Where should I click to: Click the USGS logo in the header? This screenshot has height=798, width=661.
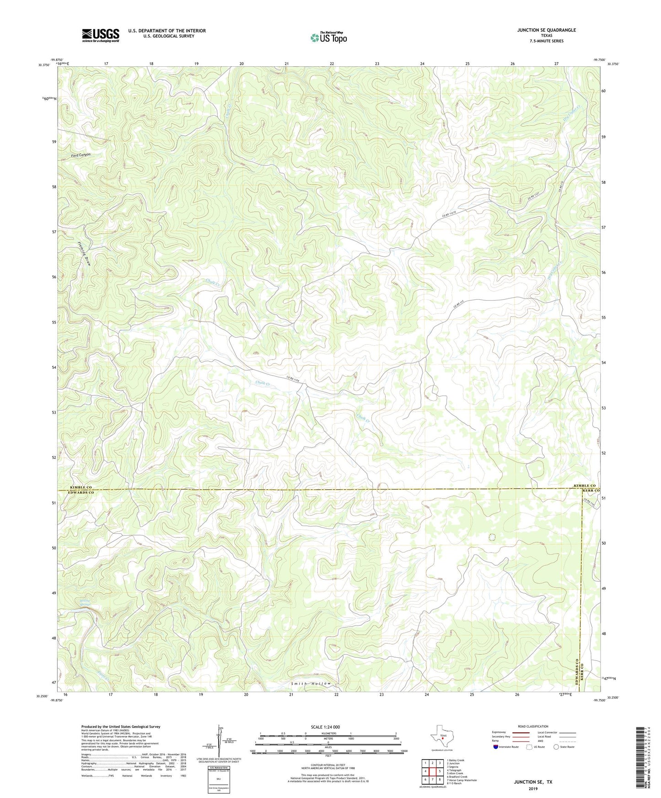click(101, 35)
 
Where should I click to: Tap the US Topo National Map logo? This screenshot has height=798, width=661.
click(328, 37)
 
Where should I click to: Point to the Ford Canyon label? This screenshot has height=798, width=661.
click(81, 155)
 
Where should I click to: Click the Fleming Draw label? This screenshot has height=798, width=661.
click(84, 254)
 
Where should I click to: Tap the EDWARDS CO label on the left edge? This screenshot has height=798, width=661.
click(81, 493)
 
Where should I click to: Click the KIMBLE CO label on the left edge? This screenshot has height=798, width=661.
click(81, 488)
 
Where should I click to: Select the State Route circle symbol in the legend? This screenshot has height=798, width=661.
click(556, 747)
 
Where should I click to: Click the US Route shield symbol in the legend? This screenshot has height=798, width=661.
click(529, 747)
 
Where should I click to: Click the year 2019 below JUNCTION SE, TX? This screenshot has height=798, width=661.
click(532, 788)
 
